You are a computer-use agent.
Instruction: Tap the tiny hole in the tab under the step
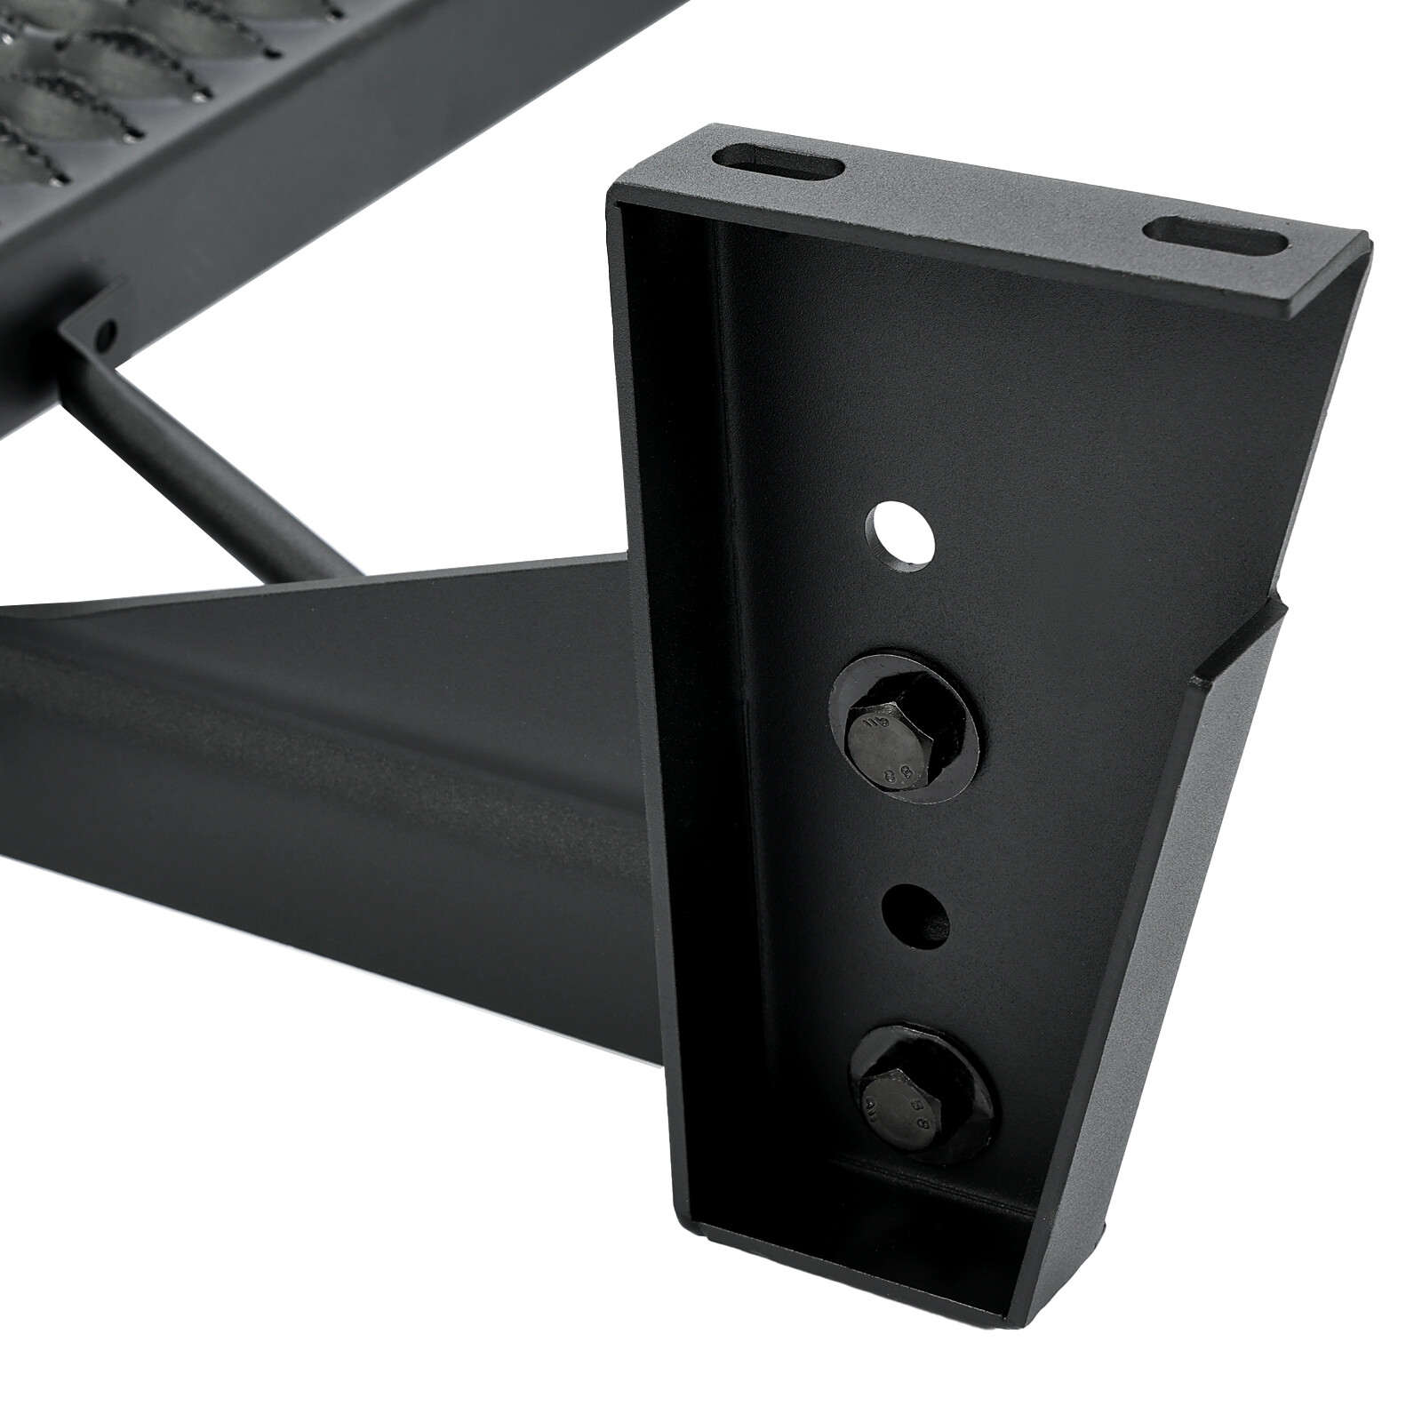108,336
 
